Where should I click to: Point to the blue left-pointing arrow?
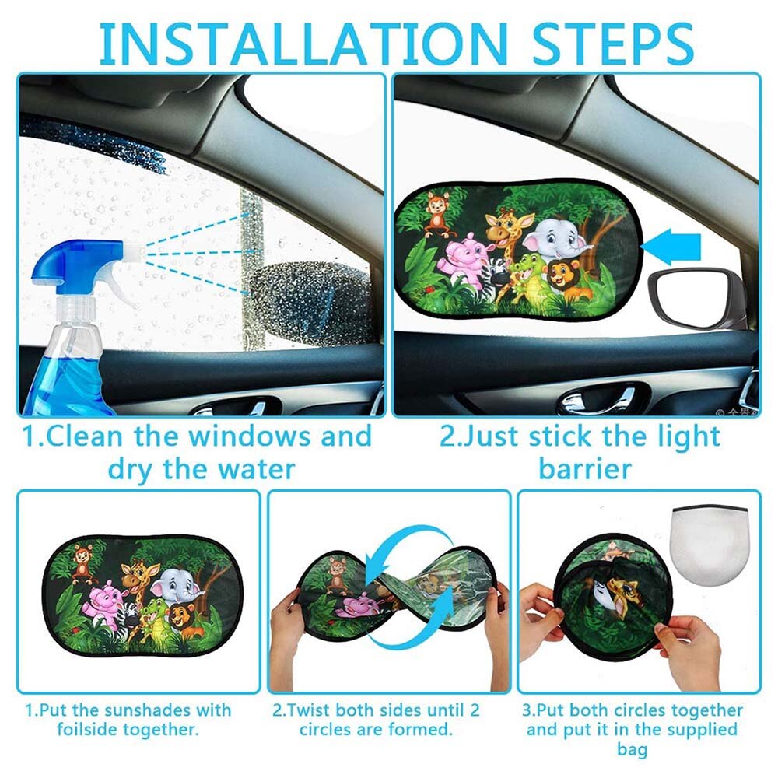(674, 247)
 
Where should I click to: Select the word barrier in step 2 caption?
(584, 469)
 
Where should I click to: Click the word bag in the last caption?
(632, 749)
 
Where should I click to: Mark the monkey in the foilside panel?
(82, 562)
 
